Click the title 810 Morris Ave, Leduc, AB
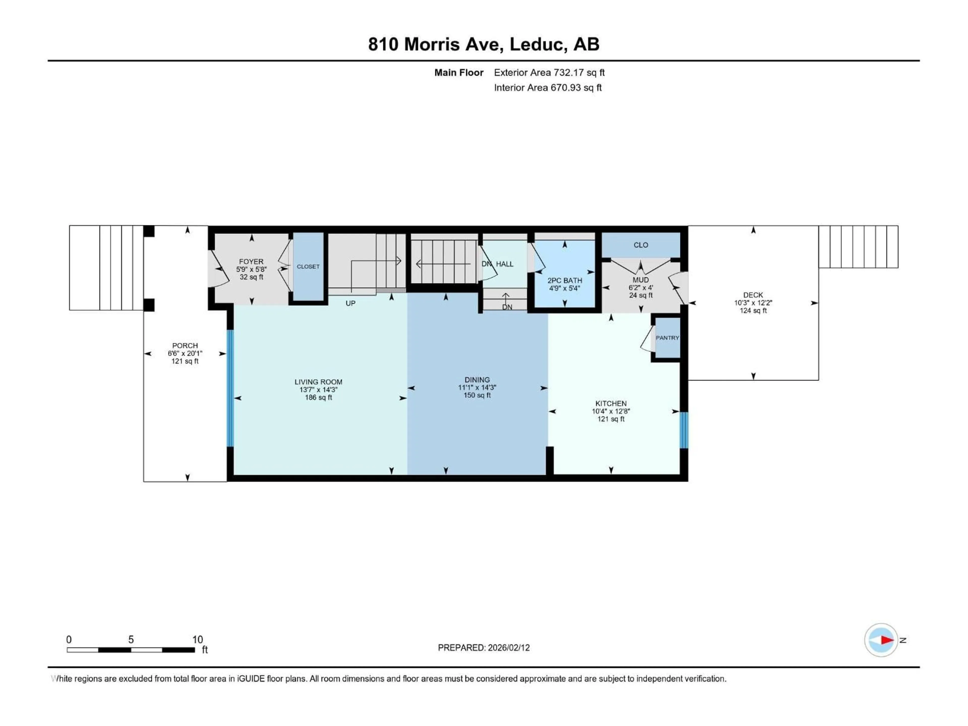pos(483,44)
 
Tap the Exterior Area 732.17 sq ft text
pos(549,73)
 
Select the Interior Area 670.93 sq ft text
pos(548,87)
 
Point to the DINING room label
pos(477,380)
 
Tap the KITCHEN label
pos(611,404)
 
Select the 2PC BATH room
pos(564,281)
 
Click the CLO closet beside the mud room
pos(641,245)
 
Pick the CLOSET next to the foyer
pos(308,266)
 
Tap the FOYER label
pos(251,262)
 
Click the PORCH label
pos(185,346)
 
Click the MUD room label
pos(641,280)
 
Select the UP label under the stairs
pos(351,303)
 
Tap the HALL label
pos(505,264)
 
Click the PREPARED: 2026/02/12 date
pos(483,648)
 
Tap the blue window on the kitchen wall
pos(684,430)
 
